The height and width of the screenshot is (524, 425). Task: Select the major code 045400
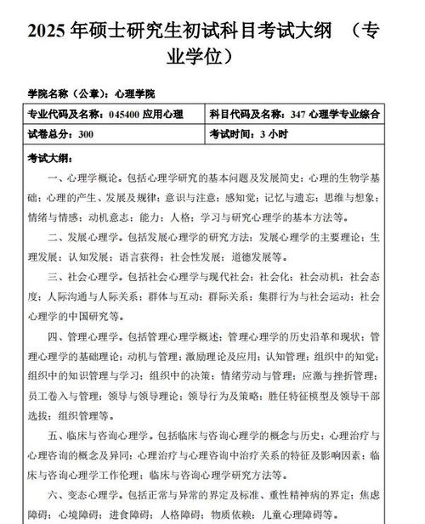pos(124,114)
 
